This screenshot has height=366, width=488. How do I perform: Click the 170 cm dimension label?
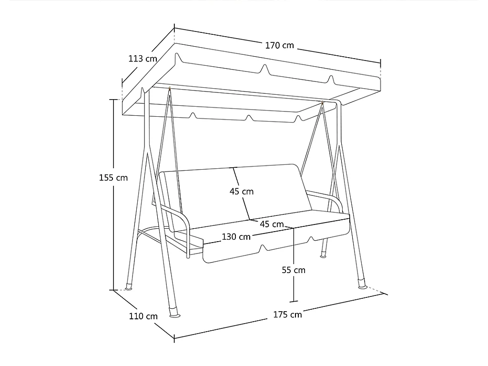tap(279, 45)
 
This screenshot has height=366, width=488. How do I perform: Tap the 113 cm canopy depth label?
tap(142, 59)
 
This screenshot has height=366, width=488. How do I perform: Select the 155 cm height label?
tap(113, 178)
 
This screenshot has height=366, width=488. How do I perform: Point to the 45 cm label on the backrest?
tap(242, 192)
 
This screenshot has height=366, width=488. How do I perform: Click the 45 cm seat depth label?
tap(271, 224)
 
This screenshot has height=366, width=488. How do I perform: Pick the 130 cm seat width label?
tap(236, 237)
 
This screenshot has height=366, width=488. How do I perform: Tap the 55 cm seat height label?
tap(294, 270)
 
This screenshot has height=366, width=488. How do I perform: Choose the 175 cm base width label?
tap(287, 315)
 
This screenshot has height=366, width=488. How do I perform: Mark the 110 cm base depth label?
tap(143, 316)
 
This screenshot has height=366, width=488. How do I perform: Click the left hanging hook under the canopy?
tap(170, 89)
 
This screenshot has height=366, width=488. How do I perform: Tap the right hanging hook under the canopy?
tap(323, 103)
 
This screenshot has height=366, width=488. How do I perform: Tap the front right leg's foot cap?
tap(362, 284)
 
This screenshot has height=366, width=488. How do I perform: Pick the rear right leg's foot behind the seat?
tap(324, 254)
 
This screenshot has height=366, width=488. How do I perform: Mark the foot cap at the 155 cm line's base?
tap(129, 286)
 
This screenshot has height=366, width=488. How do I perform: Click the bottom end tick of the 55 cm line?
tap(294, 301)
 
